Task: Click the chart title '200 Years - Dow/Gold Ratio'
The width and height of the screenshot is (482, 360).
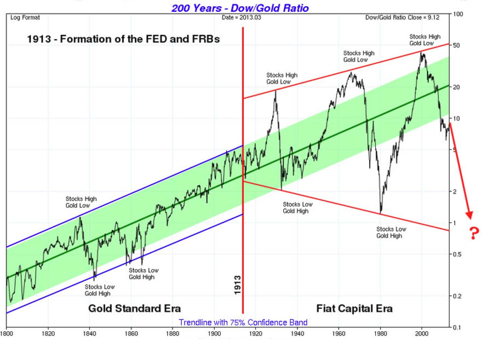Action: [240, 8]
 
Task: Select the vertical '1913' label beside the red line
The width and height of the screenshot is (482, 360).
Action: [237, 285]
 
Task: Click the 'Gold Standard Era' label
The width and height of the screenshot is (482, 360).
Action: [134, 308]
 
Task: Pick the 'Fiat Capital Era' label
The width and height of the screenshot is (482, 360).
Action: [354, 308]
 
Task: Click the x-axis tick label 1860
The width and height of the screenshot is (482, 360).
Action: [131, 334]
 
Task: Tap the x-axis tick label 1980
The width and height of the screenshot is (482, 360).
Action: [380, 334]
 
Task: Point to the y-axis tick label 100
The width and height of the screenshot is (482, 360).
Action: [458, 14]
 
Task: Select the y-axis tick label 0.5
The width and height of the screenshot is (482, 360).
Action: [458, 254]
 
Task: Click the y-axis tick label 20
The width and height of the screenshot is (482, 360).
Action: [457, 87]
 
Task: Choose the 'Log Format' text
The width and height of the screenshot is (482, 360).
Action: [25, 17]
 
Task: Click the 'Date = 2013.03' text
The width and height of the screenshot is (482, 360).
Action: [241, 17]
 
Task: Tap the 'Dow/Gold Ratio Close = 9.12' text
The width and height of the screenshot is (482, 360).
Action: [402, 17]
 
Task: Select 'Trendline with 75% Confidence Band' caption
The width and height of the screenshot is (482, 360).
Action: [243, 322]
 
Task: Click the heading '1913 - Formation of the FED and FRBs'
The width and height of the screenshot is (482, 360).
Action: [123, 39]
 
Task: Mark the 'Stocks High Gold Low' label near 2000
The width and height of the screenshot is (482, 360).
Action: [424, 40]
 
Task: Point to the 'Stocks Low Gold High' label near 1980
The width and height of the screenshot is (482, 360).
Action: [391, 232]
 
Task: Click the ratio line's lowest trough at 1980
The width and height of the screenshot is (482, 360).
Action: [381, 213]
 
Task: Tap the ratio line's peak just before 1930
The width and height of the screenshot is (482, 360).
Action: [276, 91]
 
